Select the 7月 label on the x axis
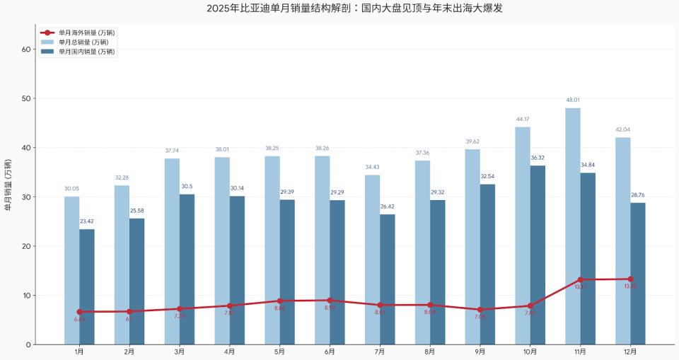tap(380, 352)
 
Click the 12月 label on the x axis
tap(630, 352)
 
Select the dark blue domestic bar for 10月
tap(538, 255)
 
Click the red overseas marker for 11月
tap(580, 279)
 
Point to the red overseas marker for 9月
tap(480, 310)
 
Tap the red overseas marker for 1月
tap(79, 312)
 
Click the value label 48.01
tap(572, 100)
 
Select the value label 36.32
tap(538, 158)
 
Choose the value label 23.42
tap(87, 221)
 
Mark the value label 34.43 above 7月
tap(372, 167)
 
